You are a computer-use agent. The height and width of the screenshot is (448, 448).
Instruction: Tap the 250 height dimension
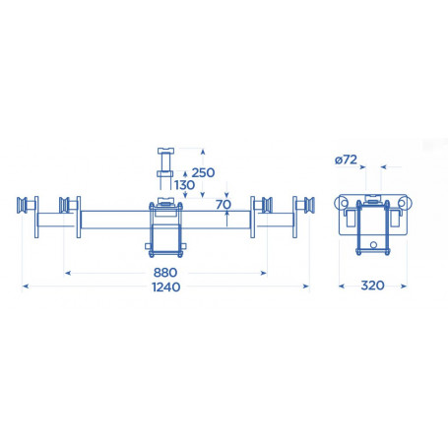204,172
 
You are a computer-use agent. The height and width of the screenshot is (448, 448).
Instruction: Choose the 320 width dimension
371,287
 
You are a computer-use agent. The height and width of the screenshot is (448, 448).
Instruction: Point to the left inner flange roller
68,207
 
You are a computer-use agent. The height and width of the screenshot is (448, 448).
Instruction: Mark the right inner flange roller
261,207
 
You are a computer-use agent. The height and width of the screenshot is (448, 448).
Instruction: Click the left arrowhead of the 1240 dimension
24,287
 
